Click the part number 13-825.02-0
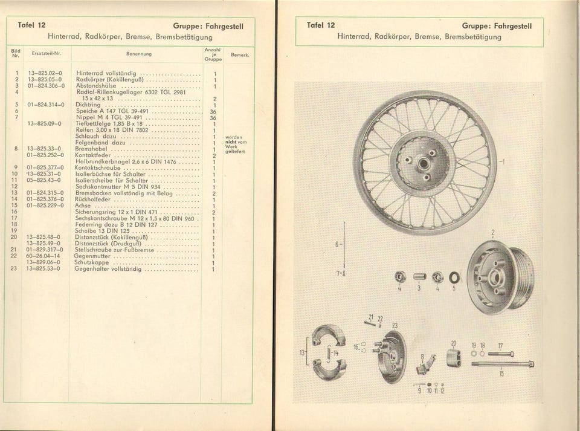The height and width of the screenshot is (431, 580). coord(45,73)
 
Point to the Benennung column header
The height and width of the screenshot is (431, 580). coord(139,54)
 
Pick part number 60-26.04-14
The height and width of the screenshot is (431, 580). coord(43,256)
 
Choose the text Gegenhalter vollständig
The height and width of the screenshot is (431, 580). coord(108,268)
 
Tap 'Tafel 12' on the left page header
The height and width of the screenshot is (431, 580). coord(31,26)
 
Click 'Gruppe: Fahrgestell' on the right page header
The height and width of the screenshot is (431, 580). coord(497,26)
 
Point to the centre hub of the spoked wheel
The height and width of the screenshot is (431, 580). coord(425,161)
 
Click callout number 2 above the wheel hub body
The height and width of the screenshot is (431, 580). coord(493,232)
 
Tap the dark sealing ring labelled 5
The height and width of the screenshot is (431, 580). coord(454,277)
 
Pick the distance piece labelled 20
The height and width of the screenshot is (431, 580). coord(455,357)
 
